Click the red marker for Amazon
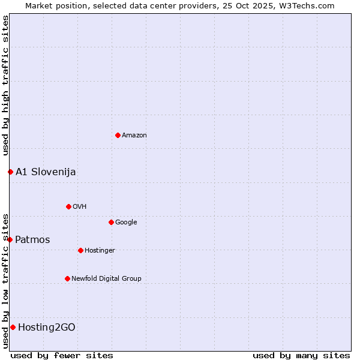[x=118, y=135]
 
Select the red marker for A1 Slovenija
[x=10, y=172]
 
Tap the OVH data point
[x=68, y=206]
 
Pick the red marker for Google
[x=111, y=222]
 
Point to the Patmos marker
[x=10, y=239]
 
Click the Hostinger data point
[x=80, y=250]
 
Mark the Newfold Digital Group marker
[x=67, y=278]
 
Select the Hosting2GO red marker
[x=13, y=327]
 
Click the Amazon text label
[x=134, y=136]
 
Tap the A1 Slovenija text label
[x=46, y=172]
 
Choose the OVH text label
[x=80, y=207]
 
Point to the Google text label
[x=126, y=223]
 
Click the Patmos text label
[x=32, y=240]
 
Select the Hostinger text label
[x=100, y=251]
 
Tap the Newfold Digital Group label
[x=106, y=279]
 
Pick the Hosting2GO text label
[x=47, y=328]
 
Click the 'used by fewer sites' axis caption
[x=62, y=355]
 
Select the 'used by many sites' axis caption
[x=301, y=355]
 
